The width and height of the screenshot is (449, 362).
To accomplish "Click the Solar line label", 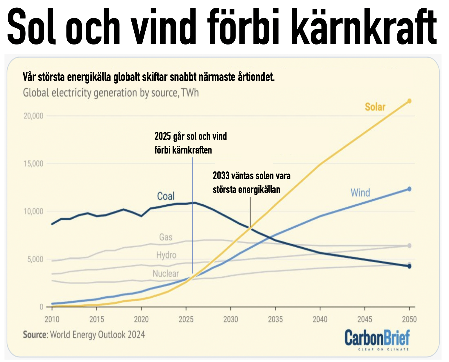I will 375,107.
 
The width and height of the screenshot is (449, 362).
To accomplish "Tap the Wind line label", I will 360,193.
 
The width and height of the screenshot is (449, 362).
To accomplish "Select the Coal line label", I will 166,196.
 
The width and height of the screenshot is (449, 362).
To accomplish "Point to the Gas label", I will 166,237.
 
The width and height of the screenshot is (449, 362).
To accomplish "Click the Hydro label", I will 166,255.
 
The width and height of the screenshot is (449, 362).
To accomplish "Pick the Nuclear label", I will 166,274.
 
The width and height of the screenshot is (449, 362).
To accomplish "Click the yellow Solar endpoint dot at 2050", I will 409,101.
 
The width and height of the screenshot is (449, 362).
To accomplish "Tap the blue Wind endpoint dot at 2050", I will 409,189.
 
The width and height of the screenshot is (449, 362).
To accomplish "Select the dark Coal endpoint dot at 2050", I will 409,266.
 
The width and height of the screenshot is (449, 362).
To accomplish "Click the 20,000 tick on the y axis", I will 33,116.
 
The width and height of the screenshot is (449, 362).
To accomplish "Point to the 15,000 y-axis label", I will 33,164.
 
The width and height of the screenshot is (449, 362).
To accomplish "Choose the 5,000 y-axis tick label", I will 35,259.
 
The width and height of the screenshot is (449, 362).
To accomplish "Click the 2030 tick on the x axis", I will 231,319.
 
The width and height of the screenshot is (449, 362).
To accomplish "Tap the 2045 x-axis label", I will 365,319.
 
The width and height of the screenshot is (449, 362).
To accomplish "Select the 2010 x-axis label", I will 52,319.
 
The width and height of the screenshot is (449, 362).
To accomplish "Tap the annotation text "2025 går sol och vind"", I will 190,136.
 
